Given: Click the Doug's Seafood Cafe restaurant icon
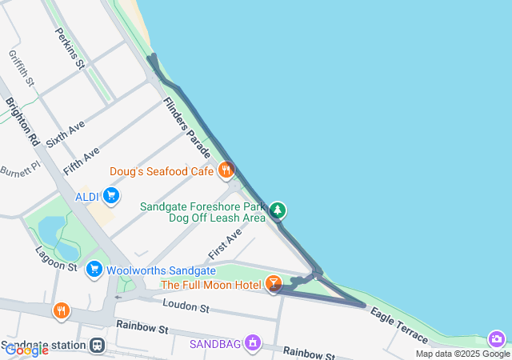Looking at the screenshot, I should coord(226,170).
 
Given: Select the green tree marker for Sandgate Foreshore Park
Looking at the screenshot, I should coord(278,210).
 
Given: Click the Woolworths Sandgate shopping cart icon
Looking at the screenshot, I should coord(94,270).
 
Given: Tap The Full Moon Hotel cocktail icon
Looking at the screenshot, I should coord(274,284).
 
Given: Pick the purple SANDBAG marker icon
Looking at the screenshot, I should coord(253,343).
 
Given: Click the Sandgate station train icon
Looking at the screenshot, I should coord(97,346).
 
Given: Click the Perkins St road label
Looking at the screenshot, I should coord(70,48).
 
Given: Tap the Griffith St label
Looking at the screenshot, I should coord(22,68).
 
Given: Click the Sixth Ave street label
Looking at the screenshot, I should coord(65,131).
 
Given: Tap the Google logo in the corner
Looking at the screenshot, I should coord(26,350).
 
